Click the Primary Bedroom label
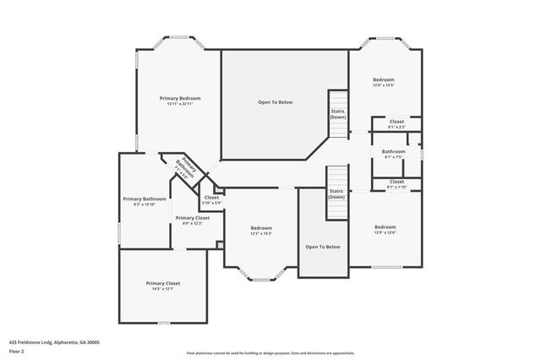pyautogui.click(x=180, y=98)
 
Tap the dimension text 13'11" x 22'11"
pyautogui.click(x=180, y=104)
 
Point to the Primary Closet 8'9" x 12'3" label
pyautogui.click(x=192, y=220)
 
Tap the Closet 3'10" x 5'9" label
pyautogui.click(x=211, y=200)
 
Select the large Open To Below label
pyautogui.click(x=276, y=101)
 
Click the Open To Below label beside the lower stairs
pyautogui.click(x=323, y=247)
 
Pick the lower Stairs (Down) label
pyautogui.click(x=336, y=194)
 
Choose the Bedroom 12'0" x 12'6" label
pyautogui.click(x=385, y=229)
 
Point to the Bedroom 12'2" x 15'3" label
pyautogui.click(x=261, y=231)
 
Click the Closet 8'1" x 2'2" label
pyautogui.click(x=396, y=123)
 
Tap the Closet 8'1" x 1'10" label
pyautogui.click(x=396, y=183)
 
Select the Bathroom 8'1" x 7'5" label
pyautogui.click(x=394, y=154)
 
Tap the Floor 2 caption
pyautogui.click(x=16, y=351)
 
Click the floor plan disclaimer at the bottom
pyautogui.click(x=270, y=353)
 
